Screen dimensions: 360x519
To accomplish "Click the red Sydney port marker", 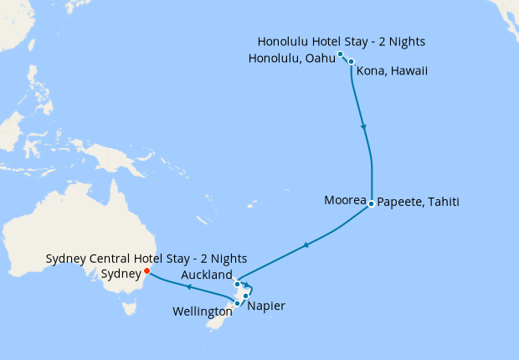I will tap(146, 270).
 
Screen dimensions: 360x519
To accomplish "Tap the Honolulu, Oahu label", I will tap(291, 58).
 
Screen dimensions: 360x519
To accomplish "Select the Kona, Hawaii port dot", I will tap(352, 61).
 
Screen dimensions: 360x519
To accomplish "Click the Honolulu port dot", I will tap(341, 54).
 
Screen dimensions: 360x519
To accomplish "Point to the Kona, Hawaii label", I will tap(392, 71).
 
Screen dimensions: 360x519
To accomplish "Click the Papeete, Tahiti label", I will tap(418, 202).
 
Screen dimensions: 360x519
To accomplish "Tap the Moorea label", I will tap(345, 201).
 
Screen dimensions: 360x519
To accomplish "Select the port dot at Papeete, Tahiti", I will tap(371, 201).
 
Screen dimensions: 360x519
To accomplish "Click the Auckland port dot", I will tap(238, 284).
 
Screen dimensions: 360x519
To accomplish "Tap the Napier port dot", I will tap(246, 296).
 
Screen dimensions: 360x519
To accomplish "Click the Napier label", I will tap(266, 306).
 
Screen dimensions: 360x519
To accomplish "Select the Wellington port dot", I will tap(238, 303).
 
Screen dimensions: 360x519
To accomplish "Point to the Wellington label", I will tap(202, 311).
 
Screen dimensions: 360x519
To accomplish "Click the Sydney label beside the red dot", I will tap(121, 274).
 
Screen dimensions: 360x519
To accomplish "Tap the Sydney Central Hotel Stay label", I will tap(146, 259).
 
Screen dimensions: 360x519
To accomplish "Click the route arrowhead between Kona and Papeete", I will tap(363, 127).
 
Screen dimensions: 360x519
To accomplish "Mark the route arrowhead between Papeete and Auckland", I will tap(306, 244).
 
